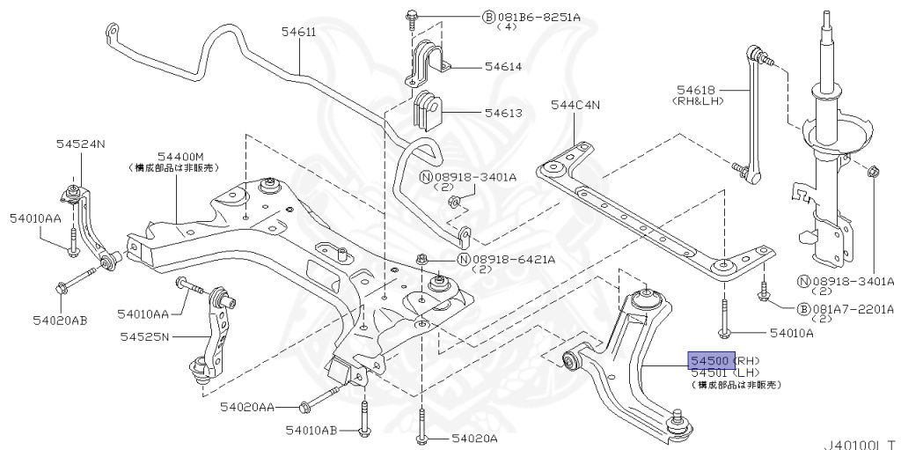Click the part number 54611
click(x=299, y=33)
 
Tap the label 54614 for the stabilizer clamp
click(x=502, y=66)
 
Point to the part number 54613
click(x=502, y=113)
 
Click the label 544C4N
click(x=575, y=105)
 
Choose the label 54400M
click(x=180, y=155)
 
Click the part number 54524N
click(x=82, y=144)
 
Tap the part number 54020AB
click(x=60, y=320)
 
